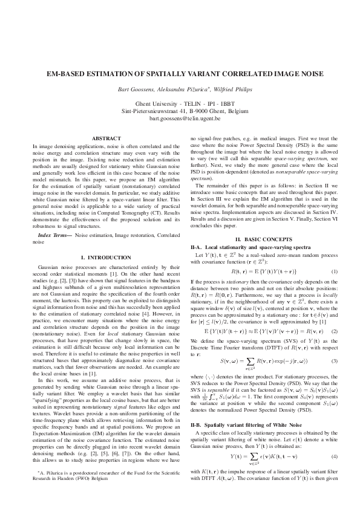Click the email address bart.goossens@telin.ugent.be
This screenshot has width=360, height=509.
pyautogui.click(x=180, y=119)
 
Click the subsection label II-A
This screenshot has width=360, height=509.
pyautogui.click(x=196, y=248)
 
